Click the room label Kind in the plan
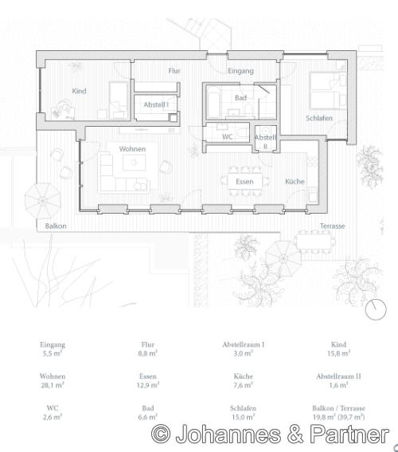(79, 92)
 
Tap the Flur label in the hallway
(174, 71)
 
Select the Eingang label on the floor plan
(240, 71)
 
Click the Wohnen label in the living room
(132, 149)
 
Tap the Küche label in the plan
(295, 182)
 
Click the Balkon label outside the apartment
(56, 226)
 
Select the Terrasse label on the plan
(332, 226)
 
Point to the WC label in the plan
(227, 137)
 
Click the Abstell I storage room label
(155, 105)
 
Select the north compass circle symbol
(375, 310)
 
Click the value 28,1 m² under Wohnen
(53, 384)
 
